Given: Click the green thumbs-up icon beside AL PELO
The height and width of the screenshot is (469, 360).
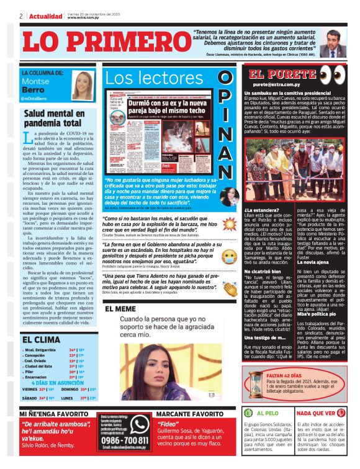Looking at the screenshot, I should point(249,413).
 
